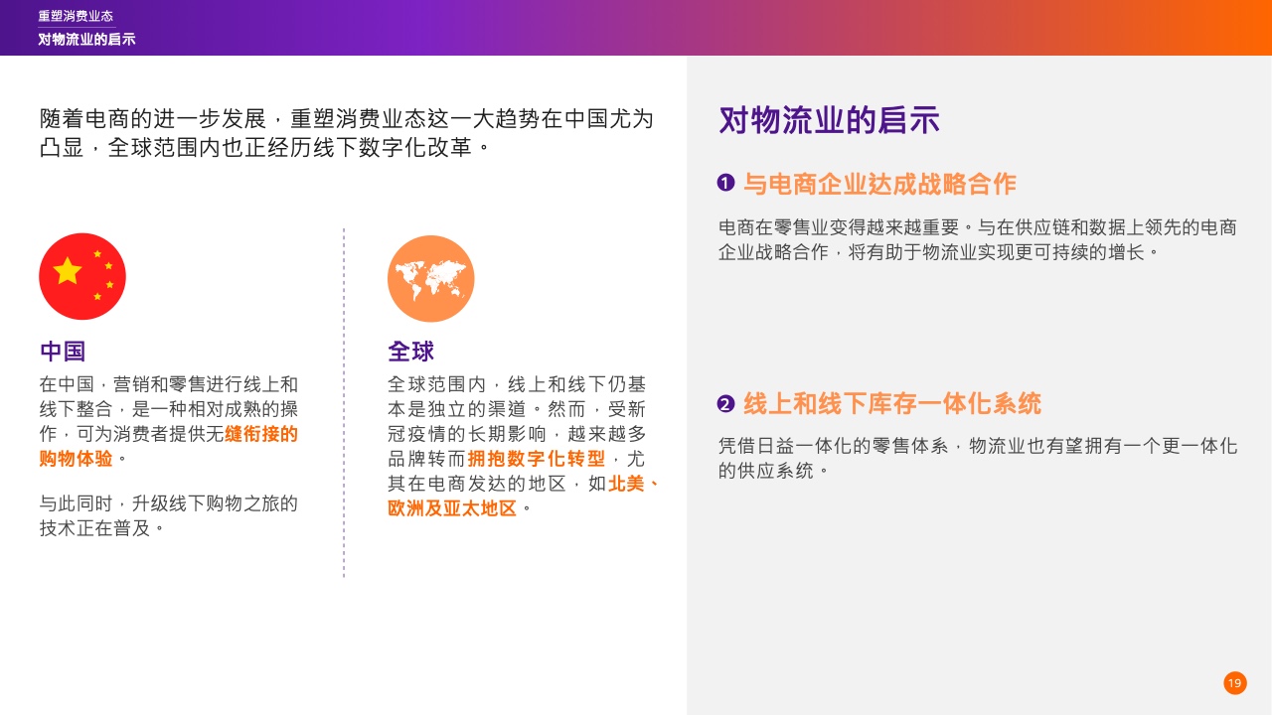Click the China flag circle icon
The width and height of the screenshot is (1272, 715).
[82, 276]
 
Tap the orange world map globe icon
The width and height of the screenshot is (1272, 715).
[431, 279]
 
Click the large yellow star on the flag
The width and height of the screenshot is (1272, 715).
[68, 270]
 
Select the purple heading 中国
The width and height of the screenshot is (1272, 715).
[63, 352]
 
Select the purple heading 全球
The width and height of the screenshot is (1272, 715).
[411, 352]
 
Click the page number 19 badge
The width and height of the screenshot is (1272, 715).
[1235, 683]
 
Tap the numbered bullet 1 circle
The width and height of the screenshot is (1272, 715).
[725, 183]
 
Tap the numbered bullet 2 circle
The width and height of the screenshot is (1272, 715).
[725, 403]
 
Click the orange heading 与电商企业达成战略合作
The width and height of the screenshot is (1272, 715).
[879, 184]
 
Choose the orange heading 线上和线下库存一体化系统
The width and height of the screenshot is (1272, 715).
[892, 403]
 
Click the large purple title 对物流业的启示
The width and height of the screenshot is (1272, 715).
[829, 120]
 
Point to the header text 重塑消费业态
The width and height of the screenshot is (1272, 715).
[76, 16]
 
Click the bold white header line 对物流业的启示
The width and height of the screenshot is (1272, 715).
[86, 39]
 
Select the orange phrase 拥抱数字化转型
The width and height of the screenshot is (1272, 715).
[537, 459]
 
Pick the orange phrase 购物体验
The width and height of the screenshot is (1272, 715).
[77, 459]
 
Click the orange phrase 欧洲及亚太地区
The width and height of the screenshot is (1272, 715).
[452, 507]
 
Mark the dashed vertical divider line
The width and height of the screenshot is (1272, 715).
[344, 403]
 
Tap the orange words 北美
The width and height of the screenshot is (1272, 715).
[626, 484]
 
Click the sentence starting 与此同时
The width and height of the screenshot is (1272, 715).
[169, 515]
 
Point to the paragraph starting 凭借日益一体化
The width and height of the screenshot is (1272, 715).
[978, 458]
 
